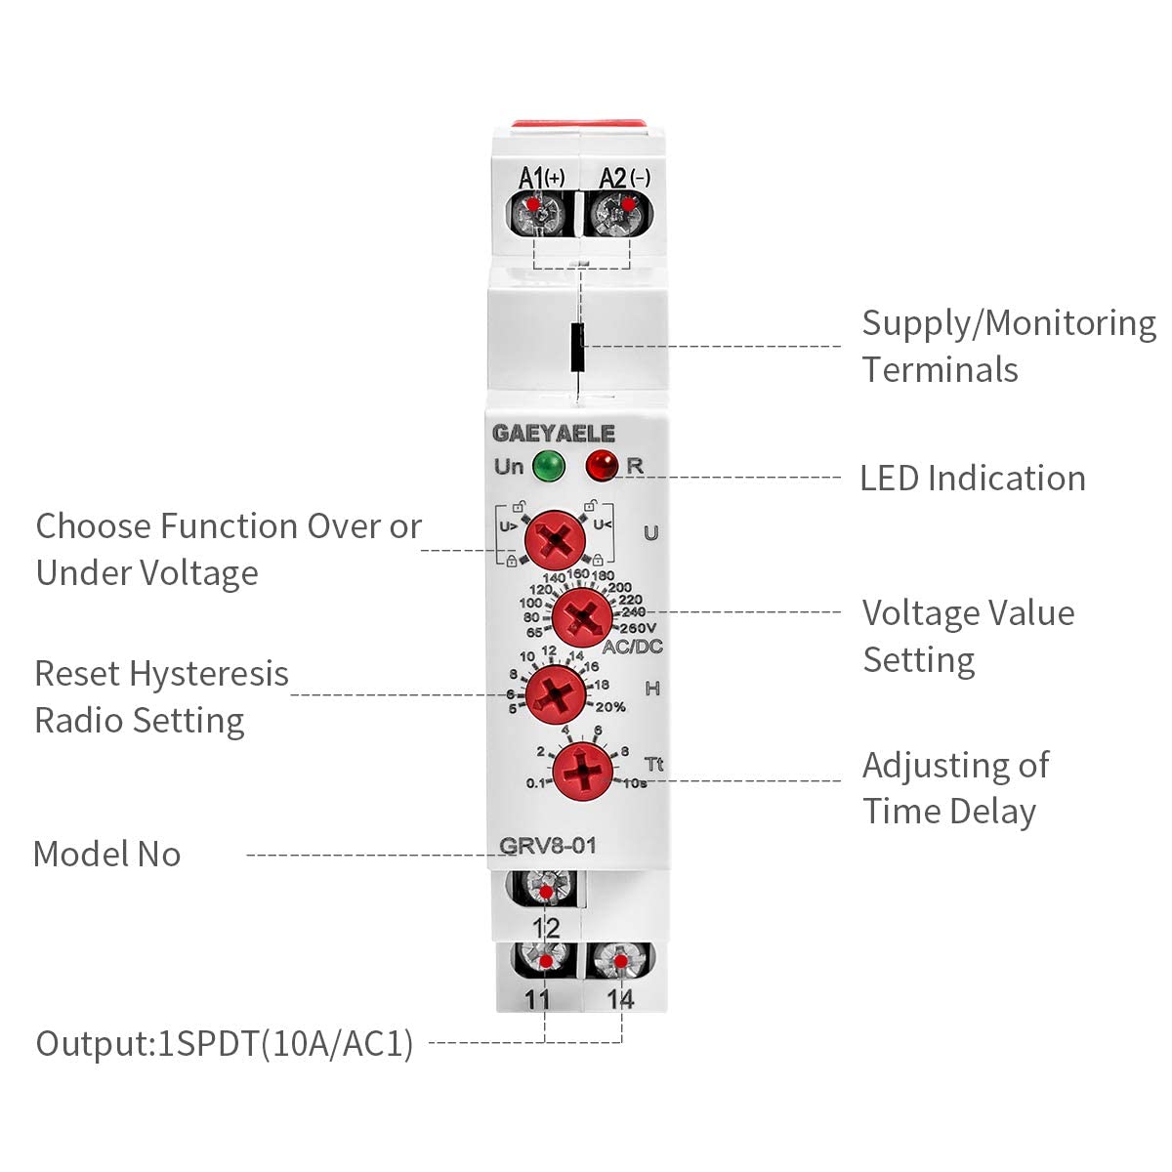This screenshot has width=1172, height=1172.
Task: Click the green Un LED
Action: coord(548,467)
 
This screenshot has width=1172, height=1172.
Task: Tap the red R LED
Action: coord(601,466)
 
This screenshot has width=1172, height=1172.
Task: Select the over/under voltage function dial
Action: coord(554,540)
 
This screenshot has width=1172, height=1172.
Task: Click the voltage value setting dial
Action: coord(582,617)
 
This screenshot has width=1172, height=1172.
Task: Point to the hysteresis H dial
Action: coord(556,694)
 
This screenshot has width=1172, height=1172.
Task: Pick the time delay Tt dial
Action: coord(583,772)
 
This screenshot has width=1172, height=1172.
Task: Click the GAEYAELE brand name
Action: coord(554,433)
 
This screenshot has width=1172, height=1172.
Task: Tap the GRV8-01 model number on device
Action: coord(547,846)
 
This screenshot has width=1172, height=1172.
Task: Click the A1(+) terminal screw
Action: coord(535,213)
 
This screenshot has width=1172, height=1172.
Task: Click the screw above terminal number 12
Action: coord(547,888)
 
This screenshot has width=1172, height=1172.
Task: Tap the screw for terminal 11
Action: coord(545,960)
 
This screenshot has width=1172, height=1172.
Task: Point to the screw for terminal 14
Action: coord(620,960)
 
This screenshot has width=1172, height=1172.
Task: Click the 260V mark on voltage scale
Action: coord(638,628)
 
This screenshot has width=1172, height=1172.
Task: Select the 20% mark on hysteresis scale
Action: coord(610,707)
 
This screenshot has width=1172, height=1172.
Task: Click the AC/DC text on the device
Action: coord(632,647)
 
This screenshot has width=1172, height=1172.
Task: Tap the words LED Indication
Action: coord(972,478)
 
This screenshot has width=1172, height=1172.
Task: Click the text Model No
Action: coord(107,854)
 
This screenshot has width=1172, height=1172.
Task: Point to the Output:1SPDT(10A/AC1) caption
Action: coord(225,1044)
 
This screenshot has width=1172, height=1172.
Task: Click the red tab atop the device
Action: coord(578,124)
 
